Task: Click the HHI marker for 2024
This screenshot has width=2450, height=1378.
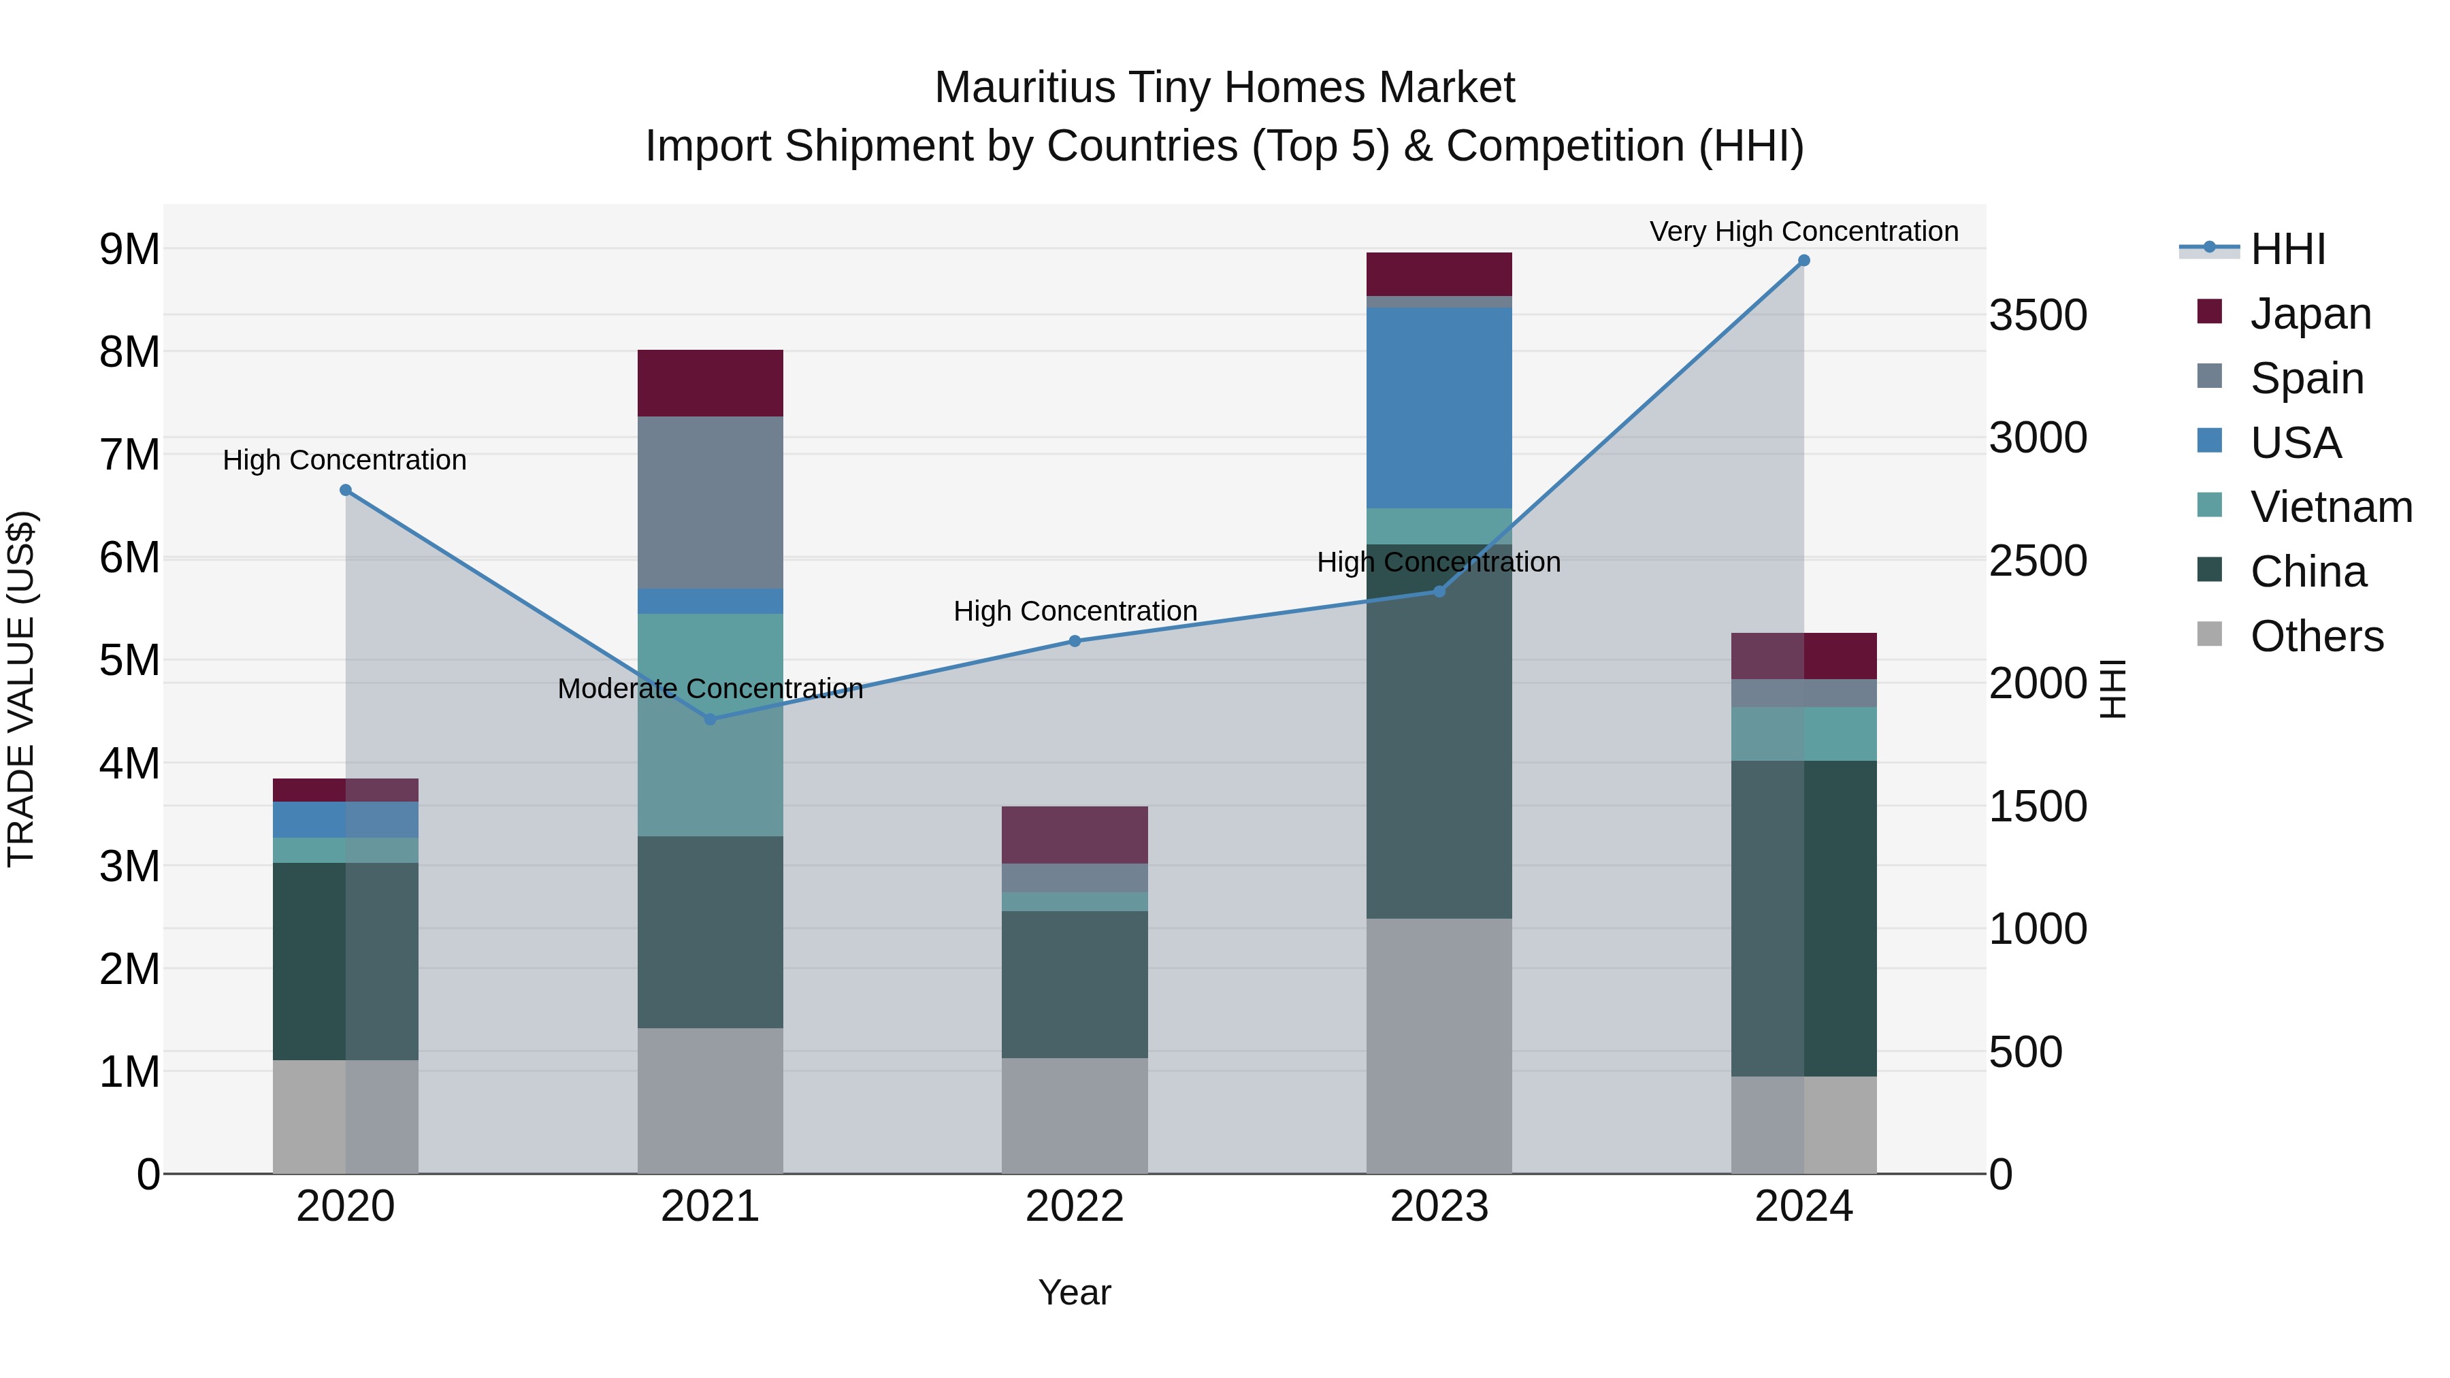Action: point(1803,261)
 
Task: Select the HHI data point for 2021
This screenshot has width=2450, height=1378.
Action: point(710,719)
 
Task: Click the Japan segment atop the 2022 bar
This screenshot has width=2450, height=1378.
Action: point(1074,834)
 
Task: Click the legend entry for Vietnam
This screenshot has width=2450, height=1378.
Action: point(2330,507)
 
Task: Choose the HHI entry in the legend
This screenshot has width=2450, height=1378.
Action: point(2287,249)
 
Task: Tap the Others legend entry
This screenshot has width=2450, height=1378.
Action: point(2316,636)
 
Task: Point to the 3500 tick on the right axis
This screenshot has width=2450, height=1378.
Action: point(2038,316)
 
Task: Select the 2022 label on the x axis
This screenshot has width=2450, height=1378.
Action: point(1074,1207)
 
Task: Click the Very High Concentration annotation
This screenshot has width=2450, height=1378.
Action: point(1803,231)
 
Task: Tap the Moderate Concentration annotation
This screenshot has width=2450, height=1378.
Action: point(710,689)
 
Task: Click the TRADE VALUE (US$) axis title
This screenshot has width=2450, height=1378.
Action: point(21,689)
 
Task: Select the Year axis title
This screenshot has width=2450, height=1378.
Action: point(1074,1292)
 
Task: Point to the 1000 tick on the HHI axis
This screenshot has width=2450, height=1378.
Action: point(2038,929)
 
